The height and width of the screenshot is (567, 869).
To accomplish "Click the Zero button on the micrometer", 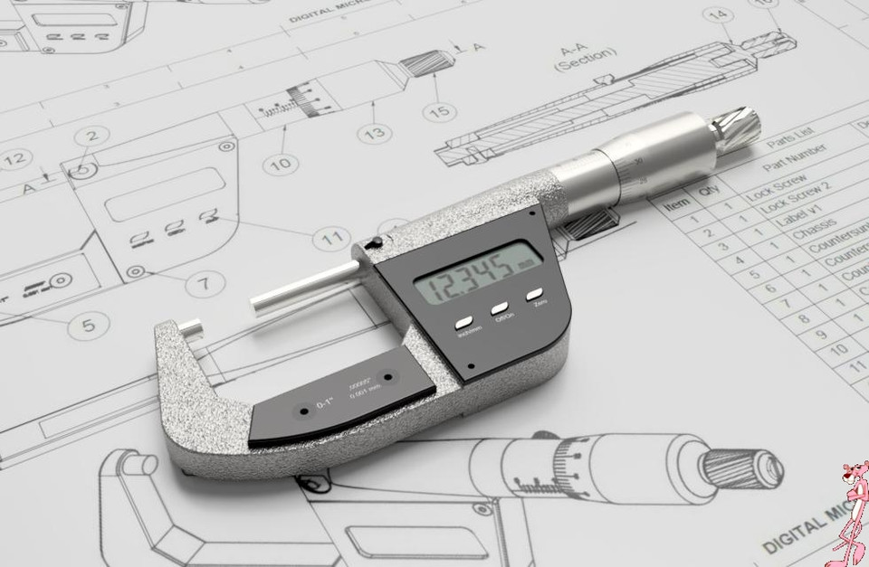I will tap(534, 295).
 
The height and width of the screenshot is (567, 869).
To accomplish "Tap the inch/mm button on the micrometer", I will tap(464, 322).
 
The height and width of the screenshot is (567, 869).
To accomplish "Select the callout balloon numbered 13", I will tap(374, 133).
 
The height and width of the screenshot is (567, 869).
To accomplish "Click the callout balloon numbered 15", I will tap(439, 110).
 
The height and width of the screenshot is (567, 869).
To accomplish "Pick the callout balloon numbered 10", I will tap(281, 164).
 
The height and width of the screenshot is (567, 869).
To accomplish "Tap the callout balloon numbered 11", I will tap(332, 239).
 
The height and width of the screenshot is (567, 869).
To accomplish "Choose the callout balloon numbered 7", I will tap(205, 283).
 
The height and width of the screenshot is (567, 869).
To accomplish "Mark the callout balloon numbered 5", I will tap(89, 324).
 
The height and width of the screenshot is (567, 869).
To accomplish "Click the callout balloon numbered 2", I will tap(91, 137).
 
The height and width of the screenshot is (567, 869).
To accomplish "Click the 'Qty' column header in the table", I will tap(708, 192).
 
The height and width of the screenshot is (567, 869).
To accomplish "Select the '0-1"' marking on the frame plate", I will tap(324, 404).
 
